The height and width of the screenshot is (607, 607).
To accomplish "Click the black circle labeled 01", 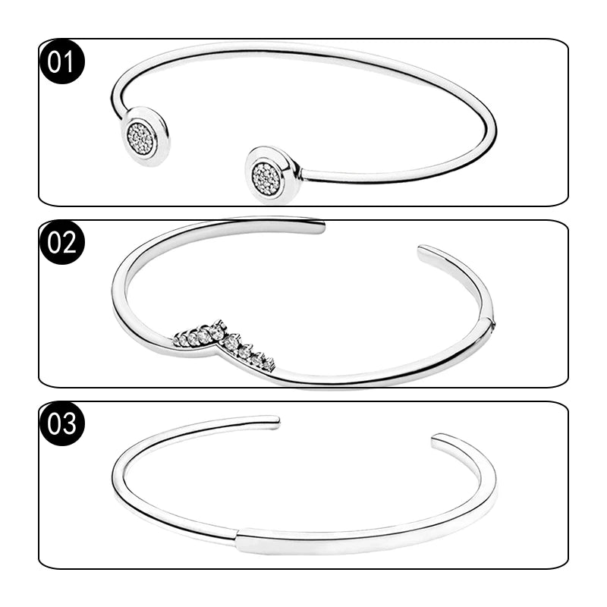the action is click(62, 61).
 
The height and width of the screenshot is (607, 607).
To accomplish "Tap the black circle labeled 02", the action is click(62, 242).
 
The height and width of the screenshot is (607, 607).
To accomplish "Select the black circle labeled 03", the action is click(62, 423).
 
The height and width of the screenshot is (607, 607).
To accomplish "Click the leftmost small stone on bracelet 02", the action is click(178, 340).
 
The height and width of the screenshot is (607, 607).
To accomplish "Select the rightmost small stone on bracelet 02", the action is click(269, 362).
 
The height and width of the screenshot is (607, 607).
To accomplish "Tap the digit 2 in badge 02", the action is click(69, 243).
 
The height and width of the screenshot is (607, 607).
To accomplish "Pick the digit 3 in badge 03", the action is click(69, 423).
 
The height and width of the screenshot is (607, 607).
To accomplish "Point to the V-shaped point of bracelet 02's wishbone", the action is click(217, 345).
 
